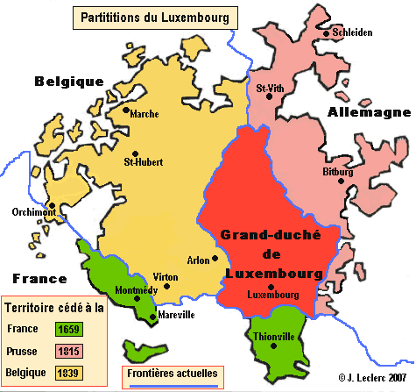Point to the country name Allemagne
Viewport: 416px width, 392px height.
pos(369,113)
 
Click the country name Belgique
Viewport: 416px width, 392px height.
pos(69,82)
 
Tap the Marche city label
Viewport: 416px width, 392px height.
pos(144,114)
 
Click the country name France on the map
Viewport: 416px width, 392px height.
pos(34,279)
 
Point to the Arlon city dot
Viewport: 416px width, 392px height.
pos(215,257)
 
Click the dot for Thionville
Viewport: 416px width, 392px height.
pos(273,345)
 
